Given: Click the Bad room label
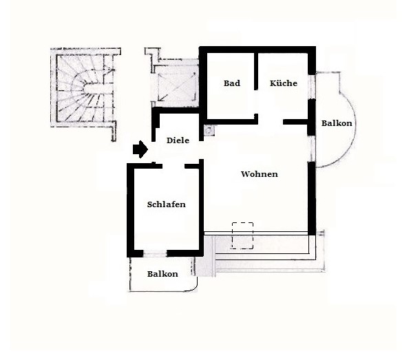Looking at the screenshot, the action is click(232, 83).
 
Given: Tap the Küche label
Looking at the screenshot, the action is click(284, 83).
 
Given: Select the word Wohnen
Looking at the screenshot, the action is click(260, 174).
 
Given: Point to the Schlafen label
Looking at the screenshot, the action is click(166, 204).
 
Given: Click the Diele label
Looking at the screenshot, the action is click(178, 140).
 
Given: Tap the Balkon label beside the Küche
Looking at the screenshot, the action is click(337, 123).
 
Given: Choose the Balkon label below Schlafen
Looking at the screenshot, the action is click(162, 274).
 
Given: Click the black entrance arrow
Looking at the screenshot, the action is click(140, 149).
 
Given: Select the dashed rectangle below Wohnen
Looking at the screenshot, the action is click(242, 235).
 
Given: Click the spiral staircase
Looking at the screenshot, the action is click(85, 88).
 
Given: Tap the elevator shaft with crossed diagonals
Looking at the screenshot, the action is click(177, 87).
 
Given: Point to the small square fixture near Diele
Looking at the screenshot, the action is click(210, 130).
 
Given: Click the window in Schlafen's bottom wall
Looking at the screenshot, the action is click(155, 253).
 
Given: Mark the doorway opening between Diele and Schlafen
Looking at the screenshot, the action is click(173, 166).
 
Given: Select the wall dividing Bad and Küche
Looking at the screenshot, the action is click(256, 72).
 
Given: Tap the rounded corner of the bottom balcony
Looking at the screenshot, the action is click(195, 288).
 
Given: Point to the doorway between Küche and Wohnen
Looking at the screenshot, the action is click(271, 122).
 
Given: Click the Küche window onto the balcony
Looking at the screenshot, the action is click(311, 87).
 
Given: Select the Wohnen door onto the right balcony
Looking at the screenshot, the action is click(311, 149).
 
